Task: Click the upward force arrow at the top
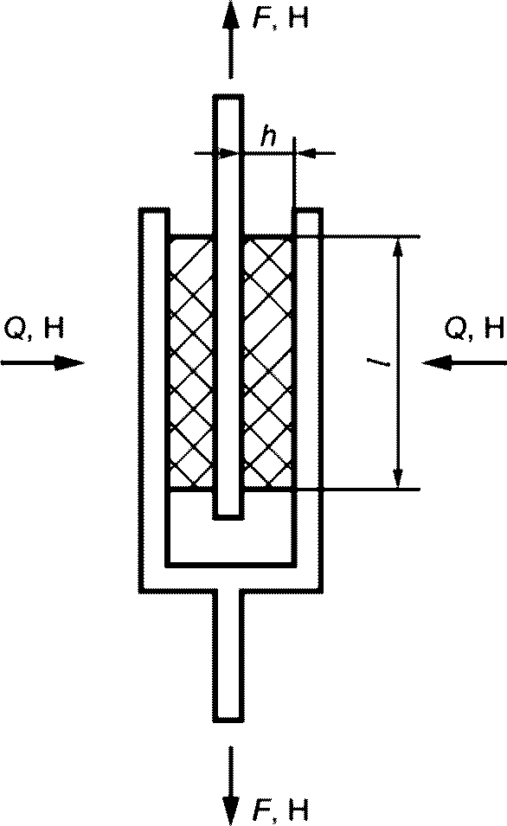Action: pyautogui.click(x=229, y=40)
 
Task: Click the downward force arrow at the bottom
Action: pyautogui.click(x=229, y=785)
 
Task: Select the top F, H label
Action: pyautogui.click(x=280, y=18)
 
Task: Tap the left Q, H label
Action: pyautogui.click(x=34, y=329)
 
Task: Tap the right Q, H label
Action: pyautogui.click(x=474, y=329)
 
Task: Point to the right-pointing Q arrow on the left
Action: pyautogui.click(x=42, y=362)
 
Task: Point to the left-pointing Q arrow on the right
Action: pyautogui.click(x=465, y=362)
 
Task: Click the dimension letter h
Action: pyautogui.click(x=268, y=137)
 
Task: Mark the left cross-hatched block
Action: pyautogui.click(x=192, y=362)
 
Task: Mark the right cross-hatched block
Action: pyautogui.click(x=268, y=362)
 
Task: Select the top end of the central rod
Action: pyautogui.click(x=228, y=96)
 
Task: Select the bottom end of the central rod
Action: pyautogui.click(x=228, y=518)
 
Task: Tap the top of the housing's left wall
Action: pyautogui.click(x=154, y=209)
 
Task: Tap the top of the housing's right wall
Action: pyautogui.click(x=308, y=209)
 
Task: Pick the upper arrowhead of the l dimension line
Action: pyautogui.click(x=399, y=247)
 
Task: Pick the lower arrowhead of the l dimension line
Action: pyautogui.click(x=399, y=478)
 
